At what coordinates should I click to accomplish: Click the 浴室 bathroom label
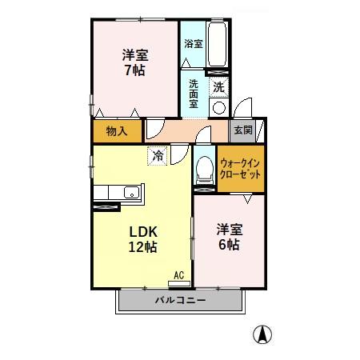pos(192,43)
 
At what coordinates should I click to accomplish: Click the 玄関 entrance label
pos(242,130)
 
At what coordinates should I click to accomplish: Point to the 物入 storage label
pos(117,130)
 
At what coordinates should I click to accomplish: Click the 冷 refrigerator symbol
pos(158,154)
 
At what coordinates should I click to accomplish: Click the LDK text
pos(144,231)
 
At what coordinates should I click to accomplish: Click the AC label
pos(179,276)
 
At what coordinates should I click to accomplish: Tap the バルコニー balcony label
pos(180,300)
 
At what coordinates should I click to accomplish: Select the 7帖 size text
pos(134,70)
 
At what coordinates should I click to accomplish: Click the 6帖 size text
pos(229,245)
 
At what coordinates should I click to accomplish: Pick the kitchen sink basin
pos(130,192)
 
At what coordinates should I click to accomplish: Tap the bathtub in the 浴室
pos(218,47)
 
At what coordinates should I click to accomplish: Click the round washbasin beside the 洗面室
pos(219,107)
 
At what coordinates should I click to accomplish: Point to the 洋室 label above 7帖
pos(134,54)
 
